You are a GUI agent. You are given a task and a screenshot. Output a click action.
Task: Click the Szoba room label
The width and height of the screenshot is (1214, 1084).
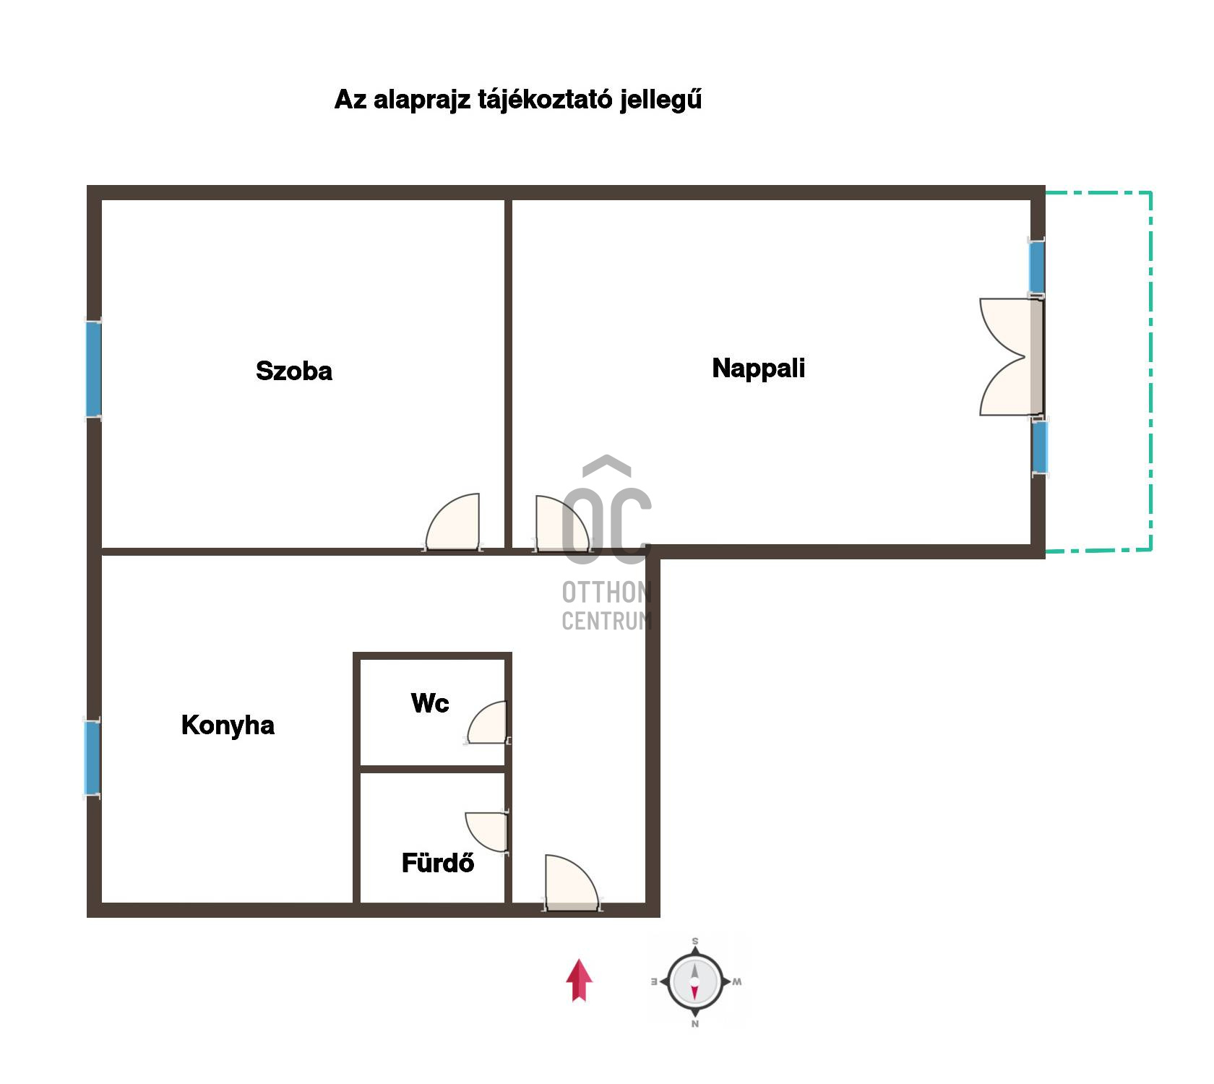294,371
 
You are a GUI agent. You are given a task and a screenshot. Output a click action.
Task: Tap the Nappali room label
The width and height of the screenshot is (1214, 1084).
758,369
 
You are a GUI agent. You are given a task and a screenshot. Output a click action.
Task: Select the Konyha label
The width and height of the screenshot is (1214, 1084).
228,725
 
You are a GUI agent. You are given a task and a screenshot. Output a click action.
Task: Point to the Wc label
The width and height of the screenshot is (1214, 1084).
430,703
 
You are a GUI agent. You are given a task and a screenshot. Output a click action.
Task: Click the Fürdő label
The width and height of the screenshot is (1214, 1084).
438,863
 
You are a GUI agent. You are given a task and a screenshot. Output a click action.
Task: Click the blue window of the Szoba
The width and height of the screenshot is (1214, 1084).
94,369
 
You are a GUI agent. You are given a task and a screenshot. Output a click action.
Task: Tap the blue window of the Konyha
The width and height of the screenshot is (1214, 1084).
92,757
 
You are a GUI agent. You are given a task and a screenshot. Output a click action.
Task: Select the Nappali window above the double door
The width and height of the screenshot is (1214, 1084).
1037,267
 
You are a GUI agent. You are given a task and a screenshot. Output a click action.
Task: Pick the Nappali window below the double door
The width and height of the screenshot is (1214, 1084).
1039,447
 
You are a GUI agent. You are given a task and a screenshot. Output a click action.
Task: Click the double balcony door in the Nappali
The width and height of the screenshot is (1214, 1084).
1011,357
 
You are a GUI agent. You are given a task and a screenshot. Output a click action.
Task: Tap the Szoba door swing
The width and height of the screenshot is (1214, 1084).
453,522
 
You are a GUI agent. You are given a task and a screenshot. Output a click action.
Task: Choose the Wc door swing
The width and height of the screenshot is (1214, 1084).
488,723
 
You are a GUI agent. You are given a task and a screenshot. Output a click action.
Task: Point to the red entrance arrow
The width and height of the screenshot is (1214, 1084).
579,981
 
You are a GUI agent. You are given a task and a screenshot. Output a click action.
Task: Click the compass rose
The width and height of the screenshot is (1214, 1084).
694,982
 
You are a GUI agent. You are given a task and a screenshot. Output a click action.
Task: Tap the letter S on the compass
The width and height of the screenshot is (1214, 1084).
695,942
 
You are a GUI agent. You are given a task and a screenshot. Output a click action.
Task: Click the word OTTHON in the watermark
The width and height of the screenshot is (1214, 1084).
607,593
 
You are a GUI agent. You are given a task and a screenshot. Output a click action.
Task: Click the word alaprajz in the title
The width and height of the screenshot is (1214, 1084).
421,100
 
